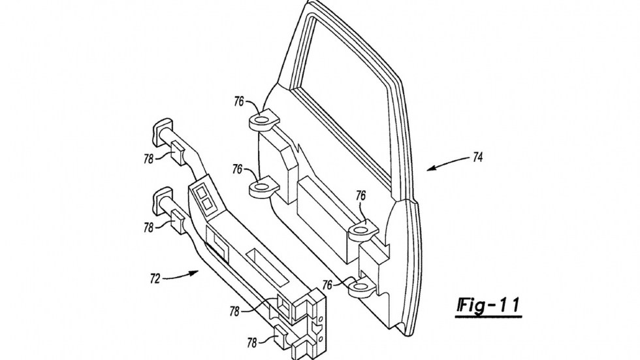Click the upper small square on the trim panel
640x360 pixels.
pos(201,193)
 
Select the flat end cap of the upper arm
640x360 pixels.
pos(163,128)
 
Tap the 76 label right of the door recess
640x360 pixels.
pos(361,195)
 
